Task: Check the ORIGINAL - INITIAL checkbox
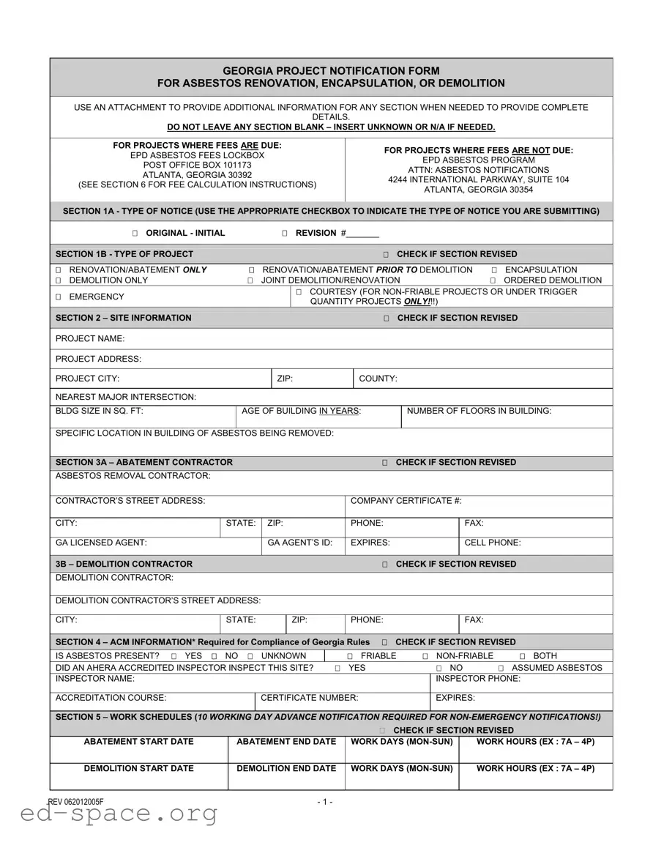(135, 234)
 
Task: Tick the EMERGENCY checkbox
(59, 297)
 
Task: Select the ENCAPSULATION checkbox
(494, 270)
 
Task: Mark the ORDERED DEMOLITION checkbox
(493, 280)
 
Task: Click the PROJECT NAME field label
(90, 339)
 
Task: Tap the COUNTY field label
(378, 379)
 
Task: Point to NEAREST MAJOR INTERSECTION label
(126, 397)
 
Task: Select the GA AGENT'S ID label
(300, 543)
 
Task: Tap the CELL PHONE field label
(493, 543)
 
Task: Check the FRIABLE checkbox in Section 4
(350, 657)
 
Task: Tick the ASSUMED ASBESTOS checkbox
(501, 669)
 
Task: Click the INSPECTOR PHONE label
(477, 679)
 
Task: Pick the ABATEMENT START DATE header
(139, 742)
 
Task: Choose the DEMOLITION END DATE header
(286, 769)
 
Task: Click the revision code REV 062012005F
(76, 802)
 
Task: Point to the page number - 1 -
(325, 802)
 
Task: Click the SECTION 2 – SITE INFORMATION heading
(124, 318)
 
